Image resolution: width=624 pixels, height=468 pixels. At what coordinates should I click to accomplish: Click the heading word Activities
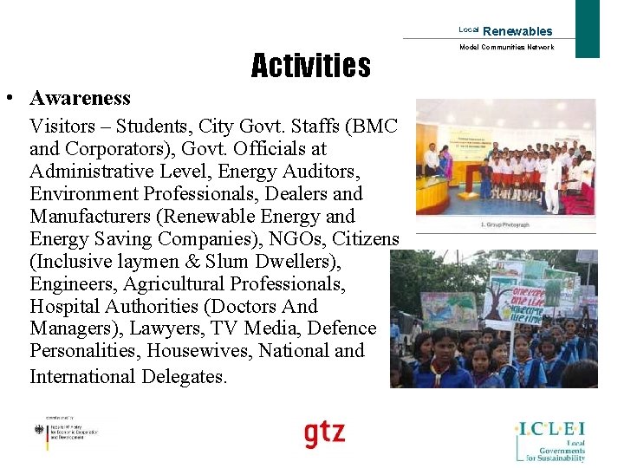[310, 66]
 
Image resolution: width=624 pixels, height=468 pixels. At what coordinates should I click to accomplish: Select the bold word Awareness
[79, 98]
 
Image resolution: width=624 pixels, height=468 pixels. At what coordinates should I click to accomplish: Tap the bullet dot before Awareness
[8, 98]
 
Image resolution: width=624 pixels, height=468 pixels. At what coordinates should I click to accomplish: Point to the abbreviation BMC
[372, 127]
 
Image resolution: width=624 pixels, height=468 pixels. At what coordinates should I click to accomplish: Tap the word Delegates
[178, 376]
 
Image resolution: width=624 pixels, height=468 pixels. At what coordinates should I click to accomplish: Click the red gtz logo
[324, 433]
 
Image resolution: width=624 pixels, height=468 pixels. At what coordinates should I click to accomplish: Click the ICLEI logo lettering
[550, 427]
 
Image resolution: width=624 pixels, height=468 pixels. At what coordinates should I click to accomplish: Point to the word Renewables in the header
[517, 31]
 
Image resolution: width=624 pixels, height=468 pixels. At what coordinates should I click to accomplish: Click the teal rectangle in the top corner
[588, 28]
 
